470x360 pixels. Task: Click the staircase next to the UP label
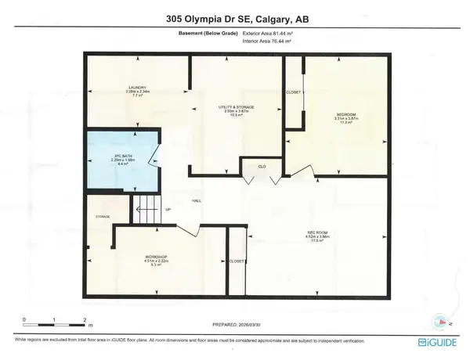[x=146, y=207]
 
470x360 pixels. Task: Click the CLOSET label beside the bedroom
[x=294, y=92]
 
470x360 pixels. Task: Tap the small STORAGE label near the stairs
[x=103, y=217]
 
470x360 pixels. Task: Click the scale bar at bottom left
[x=54, y=320]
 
